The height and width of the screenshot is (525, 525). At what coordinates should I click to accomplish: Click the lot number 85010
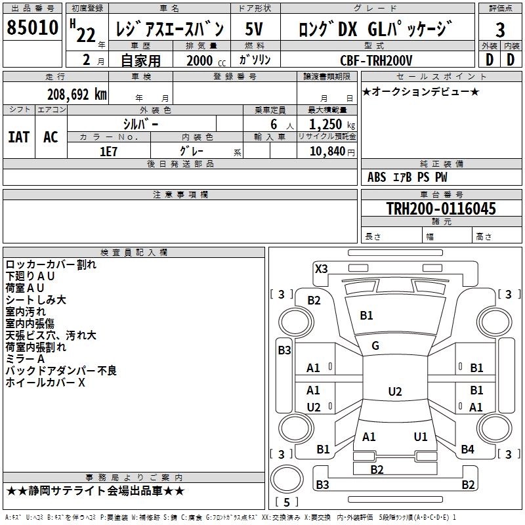pos(32,29)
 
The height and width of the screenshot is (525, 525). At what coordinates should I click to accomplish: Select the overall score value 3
pos(500,30)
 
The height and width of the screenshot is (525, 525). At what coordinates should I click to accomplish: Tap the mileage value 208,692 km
pos(77,94)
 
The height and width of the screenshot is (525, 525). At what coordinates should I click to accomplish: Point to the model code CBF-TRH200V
pos(376,60)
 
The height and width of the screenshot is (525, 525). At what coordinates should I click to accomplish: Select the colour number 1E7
pos(108,151)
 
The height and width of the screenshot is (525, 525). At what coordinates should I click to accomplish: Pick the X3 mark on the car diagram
pos(322,268)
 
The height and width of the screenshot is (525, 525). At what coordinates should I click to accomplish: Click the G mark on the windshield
pos(375,346)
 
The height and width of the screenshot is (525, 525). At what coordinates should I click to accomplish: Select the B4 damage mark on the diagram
pos(467,450)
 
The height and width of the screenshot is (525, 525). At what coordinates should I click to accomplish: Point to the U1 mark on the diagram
pos(421,436)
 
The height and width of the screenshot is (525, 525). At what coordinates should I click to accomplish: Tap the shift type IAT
pos(18,137)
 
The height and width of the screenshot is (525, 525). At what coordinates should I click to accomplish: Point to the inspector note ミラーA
pos(25,359)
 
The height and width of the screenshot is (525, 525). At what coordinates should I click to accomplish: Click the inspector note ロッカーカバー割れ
pos(51,264)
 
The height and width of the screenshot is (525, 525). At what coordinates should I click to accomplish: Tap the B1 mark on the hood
pos(366,316)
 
